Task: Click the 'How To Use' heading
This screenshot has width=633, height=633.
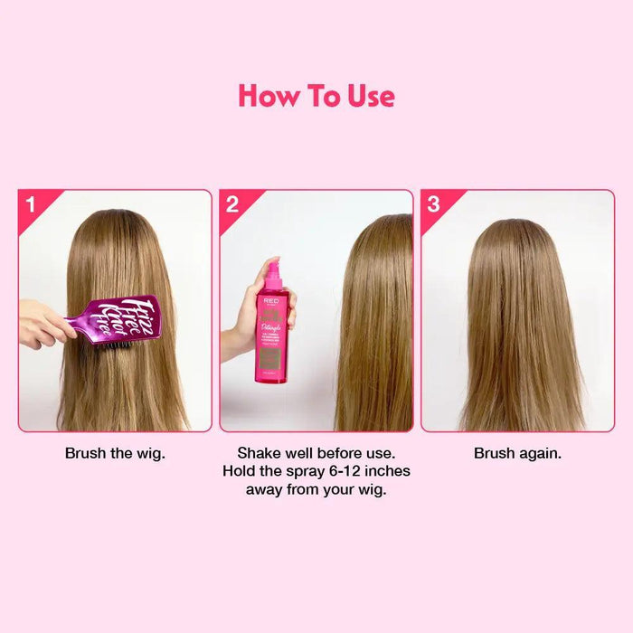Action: pos(316,96)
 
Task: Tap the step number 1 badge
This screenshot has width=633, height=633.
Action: pos(31,203)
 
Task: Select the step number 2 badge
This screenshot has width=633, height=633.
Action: pos(231,203)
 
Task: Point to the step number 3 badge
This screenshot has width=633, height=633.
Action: pos(433,203)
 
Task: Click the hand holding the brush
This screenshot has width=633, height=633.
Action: pos(41,324)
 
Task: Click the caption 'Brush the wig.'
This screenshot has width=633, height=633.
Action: pos(115,453)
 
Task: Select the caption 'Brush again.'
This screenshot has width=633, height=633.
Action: pos(517,453)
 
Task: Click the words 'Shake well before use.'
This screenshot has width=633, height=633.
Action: pos(316,453)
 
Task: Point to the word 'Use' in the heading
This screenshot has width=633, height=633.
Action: pos(370,96)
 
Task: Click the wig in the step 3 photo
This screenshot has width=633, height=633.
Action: pos(517,326)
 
